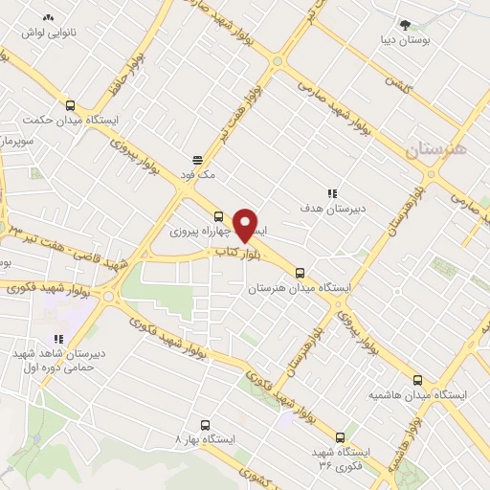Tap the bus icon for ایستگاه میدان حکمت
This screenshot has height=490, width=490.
[x=70, y=106]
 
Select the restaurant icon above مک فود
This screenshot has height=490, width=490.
[x=198, y=160]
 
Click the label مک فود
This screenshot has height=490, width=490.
[x=198, y=175]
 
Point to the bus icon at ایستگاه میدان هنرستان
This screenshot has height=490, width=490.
[x=301, y=272]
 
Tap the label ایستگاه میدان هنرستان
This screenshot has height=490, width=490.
[x=301, y=287]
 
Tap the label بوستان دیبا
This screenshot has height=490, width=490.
[x=406, y=41]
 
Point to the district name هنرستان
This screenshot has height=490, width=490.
[x=437, y=149]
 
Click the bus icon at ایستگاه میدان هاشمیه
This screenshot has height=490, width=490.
[x=417, y=379]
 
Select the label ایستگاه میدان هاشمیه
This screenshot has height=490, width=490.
[x=419, y=394]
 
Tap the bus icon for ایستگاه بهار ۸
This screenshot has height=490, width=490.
[x=204, y=424]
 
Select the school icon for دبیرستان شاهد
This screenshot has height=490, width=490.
[x=58, y=338]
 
